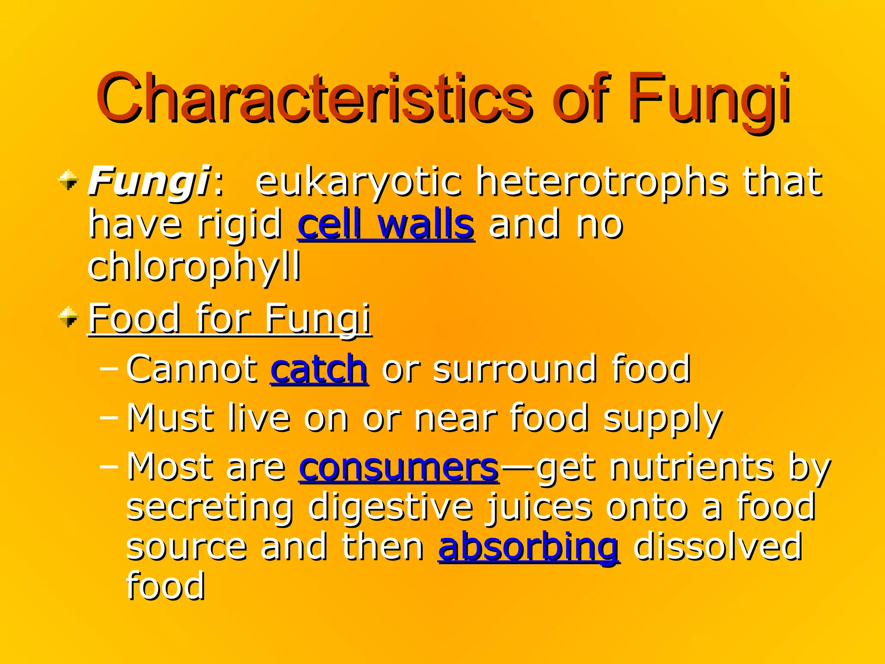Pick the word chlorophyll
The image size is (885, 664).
[x=194, y=266]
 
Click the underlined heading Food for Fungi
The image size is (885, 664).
[x=229, y=319]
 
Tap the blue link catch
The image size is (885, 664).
[x=319, y=369]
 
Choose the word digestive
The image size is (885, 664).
[x=391, y=507]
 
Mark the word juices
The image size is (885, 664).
[x=538, y=507]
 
